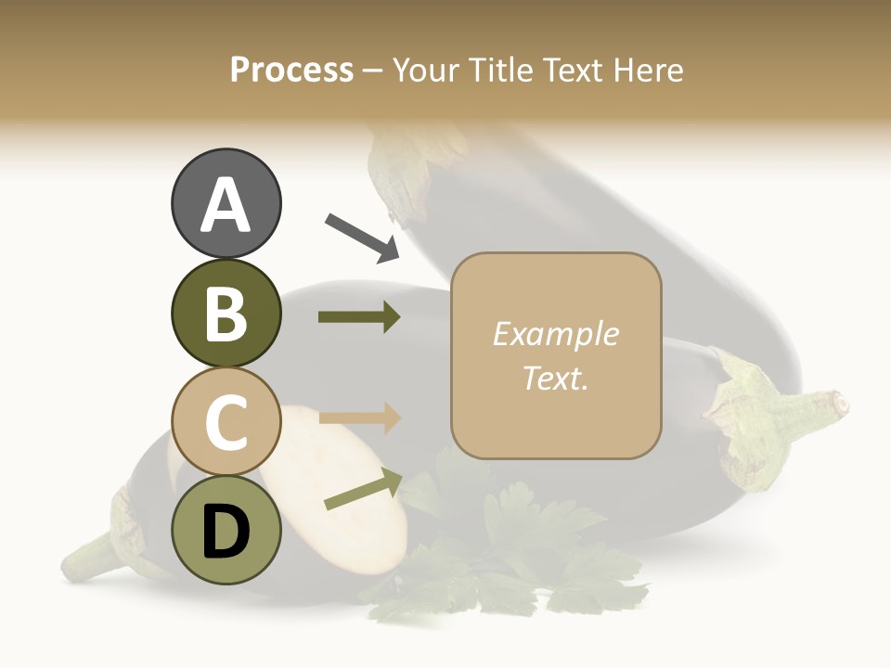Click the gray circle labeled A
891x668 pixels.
click(x=226, y=203)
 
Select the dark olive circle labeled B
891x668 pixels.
click(x=226, y=313)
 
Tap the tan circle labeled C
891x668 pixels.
click(x=226, y=422)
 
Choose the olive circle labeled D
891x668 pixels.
click(x=226, y=531)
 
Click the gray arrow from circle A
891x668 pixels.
click(x=362, y=238)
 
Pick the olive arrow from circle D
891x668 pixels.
click(x=363, y=490)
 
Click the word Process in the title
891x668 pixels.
click(x=291, y=70)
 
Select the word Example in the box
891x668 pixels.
click(x=556, y=334)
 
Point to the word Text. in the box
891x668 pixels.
click(x=556, y=378)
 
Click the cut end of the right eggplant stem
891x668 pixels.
click(x=841, y=405)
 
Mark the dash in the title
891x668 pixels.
click(x=373, y=71)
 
